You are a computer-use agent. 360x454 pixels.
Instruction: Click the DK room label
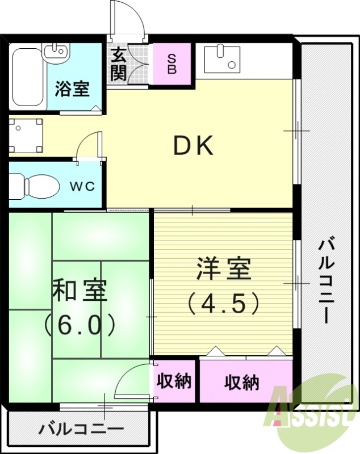pyautogui.click(x=193, y=147)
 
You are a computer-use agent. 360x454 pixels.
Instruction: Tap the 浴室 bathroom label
pyautogui.click(x=72, y=89)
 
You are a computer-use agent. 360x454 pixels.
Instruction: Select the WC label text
pyautogui.click(x=82, y=186)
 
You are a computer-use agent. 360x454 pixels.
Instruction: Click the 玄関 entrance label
pyautogui.click(x=119, y=64)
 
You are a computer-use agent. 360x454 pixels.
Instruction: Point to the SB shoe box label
pyautogui.click(x=172, y=64)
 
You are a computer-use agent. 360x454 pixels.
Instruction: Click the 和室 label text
pyautogui.click(x=79, y=291)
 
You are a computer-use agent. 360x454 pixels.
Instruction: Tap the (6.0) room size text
pyautogui.click(x=79, y=325)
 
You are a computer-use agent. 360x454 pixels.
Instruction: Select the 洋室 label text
pyautogui.click(x=224, y=269)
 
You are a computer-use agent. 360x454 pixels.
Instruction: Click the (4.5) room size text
pyautogui.click(x=224, y=304)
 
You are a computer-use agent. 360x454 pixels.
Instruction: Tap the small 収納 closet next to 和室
pyautogui.click(x=174, y=381)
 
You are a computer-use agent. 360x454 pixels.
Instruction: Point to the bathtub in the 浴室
pyautogui.click(x=25, y=77)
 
